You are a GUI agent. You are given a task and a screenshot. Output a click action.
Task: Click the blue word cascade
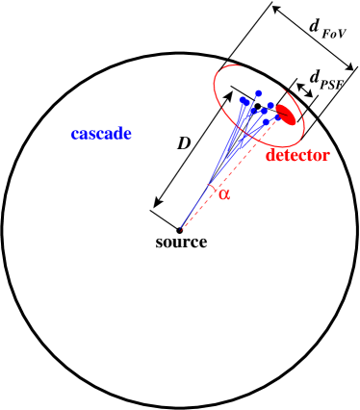click(x=101, y=135)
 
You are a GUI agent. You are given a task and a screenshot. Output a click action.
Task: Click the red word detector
click(x=297, y=155)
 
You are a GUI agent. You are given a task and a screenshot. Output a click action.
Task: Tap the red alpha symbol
click(x=225, y=193)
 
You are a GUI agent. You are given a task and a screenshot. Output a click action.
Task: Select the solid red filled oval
click(x=285, y=114)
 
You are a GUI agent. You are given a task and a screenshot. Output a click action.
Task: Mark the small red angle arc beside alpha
click(x=213, y=188)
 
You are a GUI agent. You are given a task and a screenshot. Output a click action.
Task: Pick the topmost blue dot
click(x=258, y=93)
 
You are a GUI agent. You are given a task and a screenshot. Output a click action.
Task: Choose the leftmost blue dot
click(x=243, y=100)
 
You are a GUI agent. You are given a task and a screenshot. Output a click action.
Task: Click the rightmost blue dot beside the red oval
click(x=271, y=105)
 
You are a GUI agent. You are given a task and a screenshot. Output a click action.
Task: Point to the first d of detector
click(x=270, y=155)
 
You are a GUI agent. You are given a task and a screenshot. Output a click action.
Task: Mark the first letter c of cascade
click(x=75, y=135)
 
